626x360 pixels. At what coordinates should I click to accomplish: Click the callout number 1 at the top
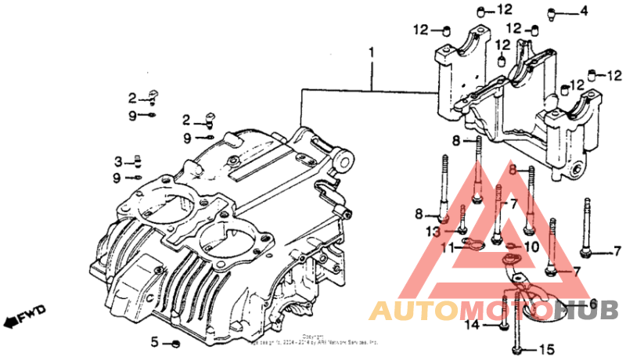pos(372,52)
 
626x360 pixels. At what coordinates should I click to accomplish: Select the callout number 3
pos(119,162)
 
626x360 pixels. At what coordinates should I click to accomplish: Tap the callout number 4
pos(583,11)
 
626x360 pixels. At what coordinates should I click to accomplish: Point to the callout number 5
pos(155,342)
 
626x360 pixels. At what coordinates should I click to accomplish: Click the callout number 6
pos(592,304)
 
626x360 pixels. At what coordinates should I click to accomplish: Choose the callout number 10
pos(532,247)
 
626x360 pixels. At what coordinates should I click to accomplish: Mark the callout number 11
pos(448,248)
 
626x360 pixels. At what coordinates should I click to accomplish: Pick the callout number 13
pos(434,232)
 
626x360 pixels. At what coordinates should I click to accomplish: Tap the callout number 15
pos(545,348)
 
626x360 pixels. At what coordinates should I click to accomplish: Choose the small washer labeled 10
pos(513,248)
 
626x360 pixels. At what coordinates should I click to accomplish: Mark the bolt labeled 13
pos(463,223)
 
